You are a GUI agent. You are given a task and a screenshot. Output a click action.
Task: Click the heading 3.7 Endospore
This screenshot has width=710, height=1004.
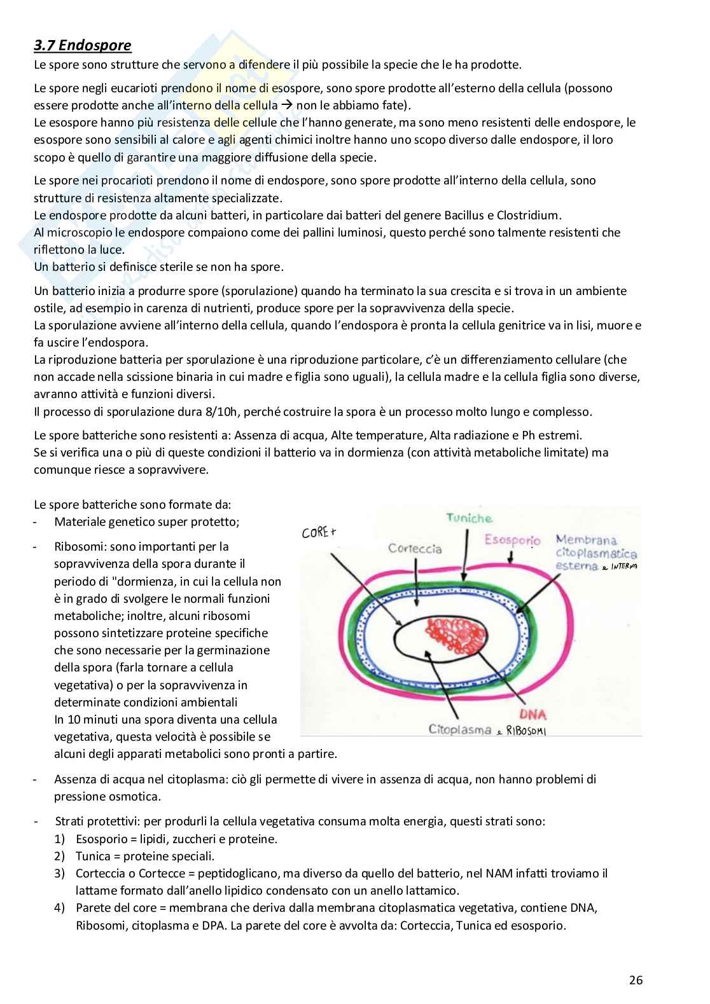click(83, 45)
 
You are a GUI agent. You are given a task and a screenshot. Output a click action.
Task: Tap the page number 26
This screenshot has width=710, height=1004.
click(636, 980)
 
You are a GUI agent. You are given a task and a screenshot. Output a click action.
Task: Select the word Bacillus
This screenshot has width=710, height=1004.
click(458, 215)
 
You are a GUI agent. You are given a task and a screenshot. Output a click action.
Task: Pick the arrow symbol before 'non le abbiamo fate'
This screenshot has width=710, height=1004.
click(287, 106)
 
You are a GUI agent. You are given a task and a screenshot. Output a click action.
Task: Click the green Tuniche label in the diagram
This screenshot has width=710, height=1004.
click(469, 519)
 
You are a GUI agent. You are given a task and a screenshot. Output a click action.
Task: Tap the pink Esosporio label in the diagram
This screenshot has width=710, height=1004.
click(512, 540)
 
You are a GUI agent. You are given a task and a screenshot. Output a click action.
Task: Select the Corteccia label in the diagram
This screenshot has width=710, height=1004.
click(415, 548)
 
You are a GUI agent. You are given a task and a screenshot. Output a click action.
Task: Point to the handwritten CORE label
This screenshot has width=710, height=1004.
click(319, 532)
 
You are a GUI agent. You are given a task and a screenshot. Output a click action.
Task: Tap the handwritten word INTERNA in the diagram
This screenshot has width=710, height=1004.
click(623, 566)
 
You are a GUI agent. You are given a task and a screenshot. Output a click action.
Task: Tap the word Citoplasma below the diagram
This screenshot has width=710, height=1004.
click(459, 730)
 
